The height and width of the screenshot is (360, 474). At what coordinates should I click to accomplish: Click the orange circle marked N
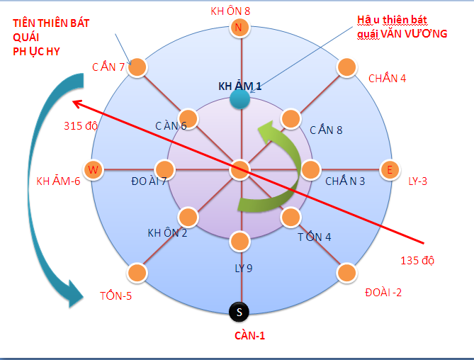tap(239, 28)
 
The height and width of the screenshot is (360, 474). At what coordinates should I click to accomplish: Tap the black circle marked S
tap(239, 311)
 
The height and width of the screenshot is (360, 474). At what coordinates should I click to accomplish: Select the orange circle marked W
tap(92, 169)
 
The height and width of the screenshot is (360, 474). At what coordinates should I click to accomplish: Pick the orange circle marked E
tap(388, 169)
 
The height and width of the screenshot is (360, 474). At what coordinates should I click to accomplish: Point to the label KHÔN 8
tap(230, 11)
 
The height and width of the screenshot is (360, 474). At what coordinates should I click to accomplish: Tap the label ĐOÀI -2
tap(383, 292)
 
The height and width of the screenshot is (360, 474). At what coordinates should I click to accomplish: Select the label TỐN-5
tap(115, 296)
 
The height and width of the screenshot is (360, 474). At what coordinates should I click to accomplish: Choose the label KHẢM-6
tap(59, 181)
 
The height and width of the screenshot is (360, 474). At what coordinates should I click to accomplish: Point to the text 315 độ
tap(80, 127)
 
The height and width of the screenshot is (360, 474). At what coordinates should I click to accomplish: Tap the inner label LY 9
tap(244, 269)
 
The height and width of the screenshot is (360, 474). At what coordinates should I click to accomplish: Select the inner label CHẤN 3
tap(345, 181)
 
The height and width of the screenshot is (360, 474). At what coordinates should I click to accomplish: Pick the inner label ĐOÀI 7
tap(149, 181)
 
